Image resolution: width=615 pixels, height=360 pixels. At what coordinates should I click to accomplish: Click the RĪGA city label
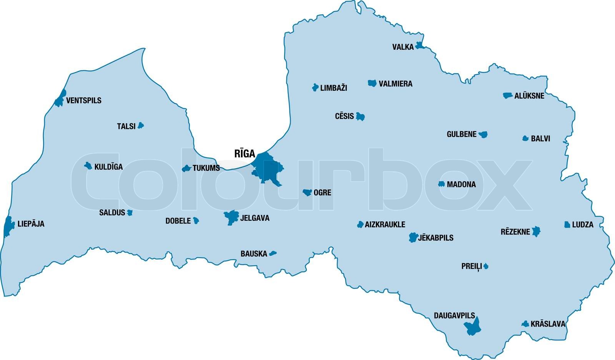[x=244, y=154]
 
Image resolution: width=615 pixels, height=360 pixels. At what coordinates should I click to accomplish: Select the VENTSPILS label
[x=84, y=101]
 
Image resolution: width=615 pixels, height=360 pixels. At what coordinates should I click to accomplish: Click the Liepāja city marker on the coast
[x=8, y=226]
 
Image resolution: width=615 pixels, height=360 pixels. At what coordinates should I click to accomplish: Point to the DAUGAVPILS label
[x=454, y=316]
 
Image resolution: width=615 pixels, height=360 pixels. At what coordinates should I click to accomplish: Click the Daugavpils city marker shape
[x=473, y=327]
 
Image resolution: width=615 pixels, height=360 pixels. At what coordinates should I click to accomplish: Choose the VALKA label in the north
[x=403, y=47]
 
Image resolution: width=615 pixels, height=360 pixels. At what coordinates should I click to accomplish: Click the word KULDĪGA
[x=108, y=167]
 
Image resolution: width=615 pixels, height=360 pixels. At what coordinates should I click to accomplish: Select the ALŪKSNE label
[x=529, y=96]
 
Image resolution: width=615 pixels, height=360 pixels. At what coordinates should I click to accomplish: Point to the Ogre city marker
[x=307, y=192]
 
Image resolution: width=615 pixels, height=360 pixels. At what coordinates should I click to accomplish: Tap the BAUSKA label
[x=254, y=254]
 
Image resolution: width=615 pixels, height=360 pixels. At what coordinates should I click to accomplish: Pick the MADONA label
[x=461, y=185]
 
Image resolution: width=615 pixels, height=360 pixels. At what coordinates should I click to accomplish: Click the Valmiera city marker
[x=372, y=83]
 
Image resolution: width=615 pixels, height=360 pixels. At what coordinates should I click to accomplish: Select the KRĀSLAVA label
[x=548, y=324]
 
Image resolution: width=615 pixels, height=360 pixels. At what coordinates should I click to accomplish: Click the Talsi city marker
[x=141, y=125]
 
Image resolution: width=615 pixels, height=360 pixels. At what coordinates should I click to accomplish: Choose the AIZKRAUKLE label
[x=385, y=225]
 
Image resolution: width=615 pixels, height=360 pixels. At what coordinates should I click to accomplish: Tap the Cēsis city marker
[x=360, y=117]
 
